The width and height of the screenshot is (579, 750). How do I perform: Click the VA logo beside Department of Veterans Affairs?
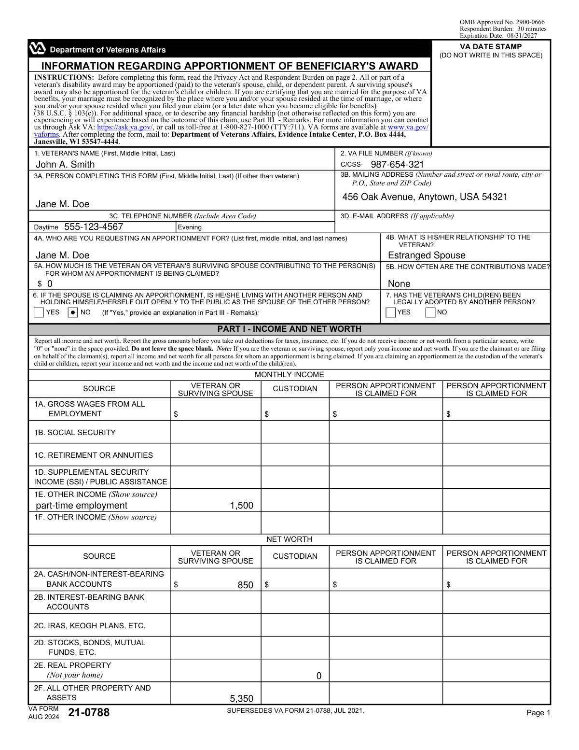click(x=37, y=48)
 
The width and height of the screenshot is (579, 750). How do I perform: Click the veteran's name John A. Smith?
click(x=65, y=164)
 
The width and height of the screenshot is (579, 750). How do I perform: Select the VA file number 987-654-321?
click(x=397, y=164)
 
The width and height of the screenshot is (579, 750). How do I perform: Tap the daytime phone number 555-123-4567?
click(x=94, y=227)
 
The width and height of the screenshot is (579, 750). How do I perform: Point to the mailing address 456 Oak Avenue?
click(x=425, y=197)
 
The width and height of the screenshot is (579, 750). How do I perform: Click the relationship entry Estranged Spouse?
click(x=427, y=255)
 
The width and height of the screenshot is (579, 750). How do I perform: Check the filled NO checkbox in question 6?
click(x=73, y=312)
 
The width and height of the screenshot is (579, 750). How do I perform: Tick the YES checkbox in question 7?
click(x=391, y=312)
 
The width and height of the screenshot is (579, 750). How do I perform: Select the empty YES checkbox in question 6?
click(x=39, y=312)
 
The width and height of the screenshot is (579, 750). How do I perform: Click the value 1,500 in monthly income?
click(x=241, y=505)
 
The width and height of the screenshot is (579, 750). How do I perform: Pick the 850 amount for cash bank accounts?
click(x=245, y=585)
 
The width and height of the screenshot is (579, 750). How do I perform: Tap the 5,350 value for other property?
click(x=241, y=698)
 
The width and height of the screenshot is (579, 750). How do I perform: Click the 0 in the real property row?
click(x=318, y=676)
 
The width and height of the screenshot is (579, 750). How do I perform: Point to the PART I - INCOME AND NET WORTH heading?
click(x=289, y=329)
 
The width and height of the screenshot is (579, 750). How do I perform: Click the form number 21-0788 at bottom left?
click(x=89, y=712)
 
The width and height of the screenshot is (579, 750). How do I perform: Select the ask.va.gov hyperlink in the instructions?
click(x=125, y=127)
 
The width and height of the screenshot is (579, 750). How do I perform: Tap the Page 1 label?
click(x=538, y=713)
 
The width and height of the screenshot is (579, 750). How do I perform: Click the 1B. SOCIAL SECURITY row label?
click(x=75, y=432)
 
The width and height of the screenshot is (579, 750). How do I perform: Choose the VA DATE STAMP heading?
click(x=491, y=47)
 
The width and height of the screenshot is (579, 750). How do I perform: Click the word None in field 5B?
click(x=399, y=283)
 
